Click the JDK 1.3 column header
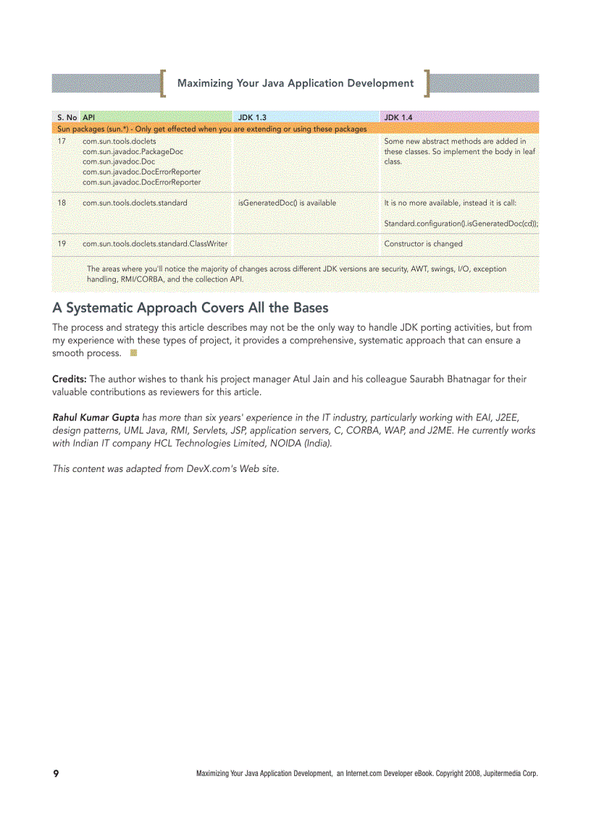point(252,117)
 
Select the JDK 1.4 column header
point(398,117)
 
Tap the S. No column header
point(67,117)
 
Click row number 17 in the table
point(62,141)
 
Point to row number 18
point(62,203)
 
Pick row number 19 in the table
point(62,244)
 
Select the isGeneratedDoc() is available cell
point(287,203)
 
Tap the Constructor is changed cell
point(423,244)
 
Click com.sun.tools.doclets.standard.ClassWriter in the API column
point(155,244)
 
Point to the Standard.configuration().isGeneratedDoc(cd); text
point(461,223)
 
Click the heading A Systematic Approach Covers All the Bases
point(190,308)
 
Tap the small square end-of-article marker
point(133,353)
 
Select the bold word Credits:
point(69,379)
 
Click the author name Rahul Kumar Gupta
point(96,417)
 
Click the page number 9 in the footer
point(56,773)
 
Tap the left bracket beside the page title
point(164,83)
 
